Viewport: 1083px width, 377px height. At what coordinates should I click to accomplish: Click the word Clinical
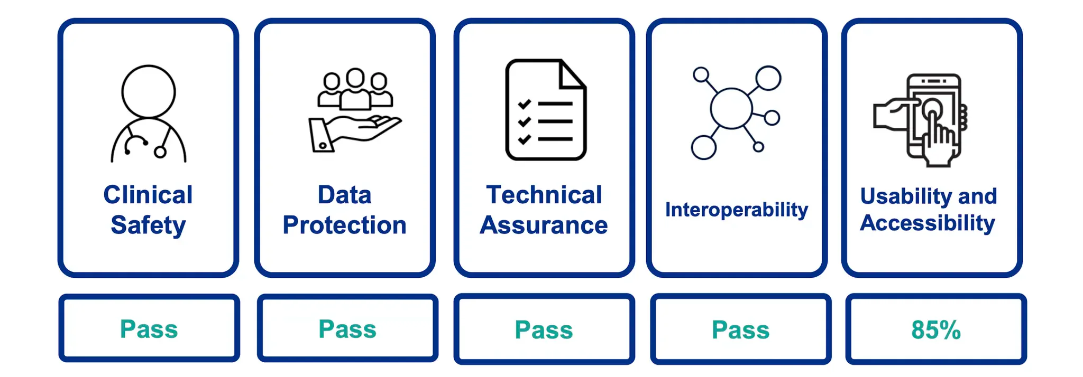tap(148, 195)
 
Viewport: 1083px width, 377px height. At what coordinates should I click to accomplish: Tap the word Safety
tap(148, 225)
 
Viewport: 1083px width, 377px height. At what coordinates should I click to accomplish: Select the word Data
tap(344, 195)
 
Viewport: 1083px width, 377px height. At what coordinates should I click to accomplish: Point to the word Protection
tap(344, 225)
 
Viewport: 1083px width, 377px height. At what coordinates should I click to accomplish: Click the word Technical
tap(544, 195)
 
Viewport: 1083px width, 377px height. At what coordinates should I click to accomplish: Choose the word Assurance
tap(544, 225)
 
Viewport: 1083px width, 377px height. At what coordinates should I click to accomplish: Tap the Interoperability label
tap(736, 210)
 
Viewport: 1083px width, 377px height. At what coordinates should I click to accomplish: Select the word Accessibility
tap(928, 223)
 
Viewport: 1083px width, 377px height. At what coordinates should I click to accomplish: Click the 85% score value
tap(935, 330)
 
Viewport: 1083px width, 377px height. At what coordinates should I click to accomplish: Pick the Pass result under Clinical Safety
tap(149, 329)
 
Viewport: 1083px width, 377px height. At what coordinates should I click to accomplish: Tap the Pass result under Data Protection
tap(347, 329)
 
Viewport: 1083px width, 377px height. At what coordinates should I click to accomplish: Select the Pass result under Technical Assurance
tap(544, 330)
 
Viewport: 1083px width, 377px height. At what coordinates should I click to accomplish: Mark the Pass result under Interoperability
tap(740, 330)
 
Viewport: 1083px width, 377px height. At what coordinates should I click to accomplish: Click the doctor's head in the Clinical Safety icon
tap(148, 91)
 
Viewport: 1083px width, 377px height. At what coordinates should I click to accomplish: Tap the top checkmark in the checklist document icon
tap(524, 104)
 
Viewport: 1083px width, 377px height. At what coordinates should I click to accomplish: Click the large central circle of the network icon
tap(731, 108)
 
